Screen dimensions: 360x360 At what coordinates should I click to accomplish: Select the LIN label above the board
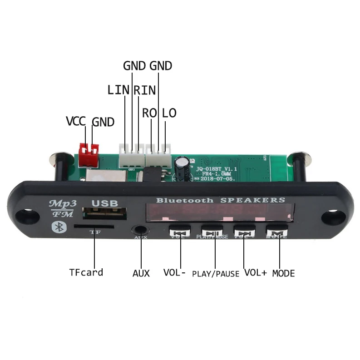(118, 89)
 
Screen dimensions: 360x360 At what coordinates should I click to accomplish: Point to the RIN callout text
(145, 89)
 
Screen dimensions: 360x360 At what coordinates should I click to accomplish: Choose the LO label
(169, 113)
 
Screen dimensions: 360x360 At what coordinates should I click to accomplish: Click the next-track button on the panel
(245, 232)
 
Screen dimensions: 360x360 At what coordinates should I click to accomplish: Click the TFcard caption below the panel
(86, 272)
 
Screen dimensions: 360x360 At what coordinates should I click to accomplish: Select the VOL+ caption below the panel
(256, 273)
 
